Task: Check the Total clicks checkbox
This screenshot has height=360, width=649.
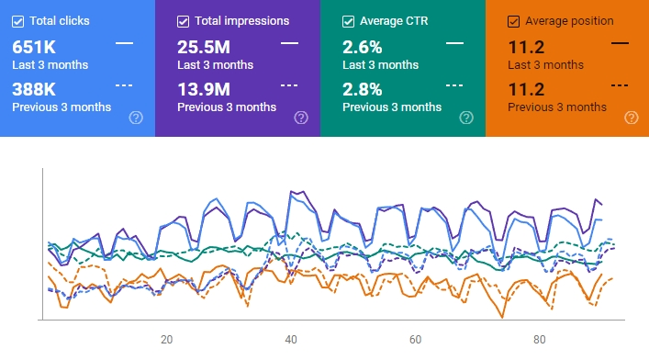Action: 18,20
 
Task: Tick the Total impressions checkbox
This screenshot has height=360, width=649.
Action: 184,20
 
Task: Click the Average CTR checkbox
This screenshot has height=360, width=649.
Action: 349,20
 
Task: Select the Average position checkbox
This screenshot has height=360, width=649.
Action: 514,20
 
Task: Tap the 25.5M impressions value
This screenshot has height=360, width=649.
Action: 204,46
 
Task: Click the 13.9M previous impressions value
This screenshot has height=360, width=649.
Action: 204,89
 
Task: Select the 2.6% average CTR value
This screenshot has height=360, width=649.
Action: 364,46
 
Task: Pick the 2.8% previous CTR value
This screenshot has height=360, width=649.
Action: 364,89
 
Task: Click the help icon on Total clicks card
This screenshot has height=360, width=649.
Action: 136,118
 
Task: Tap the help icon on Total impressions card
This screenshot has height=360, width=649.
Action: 301,118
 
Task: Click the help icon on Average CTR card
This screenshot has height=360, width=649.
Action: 466,118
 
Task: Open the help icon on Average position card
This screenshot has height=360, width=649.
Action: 632,118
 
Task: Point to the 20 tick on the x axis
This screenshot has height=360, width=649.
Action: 166,339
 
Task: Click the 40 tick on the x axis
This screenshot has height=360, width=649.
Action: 291,339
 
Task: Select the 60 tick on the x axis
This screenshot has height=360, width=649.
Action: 415,339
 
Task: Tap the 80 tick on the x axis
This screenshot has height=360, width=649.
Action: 540,339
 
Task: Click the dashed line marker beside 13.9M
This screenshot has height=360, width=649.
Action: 289,84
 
